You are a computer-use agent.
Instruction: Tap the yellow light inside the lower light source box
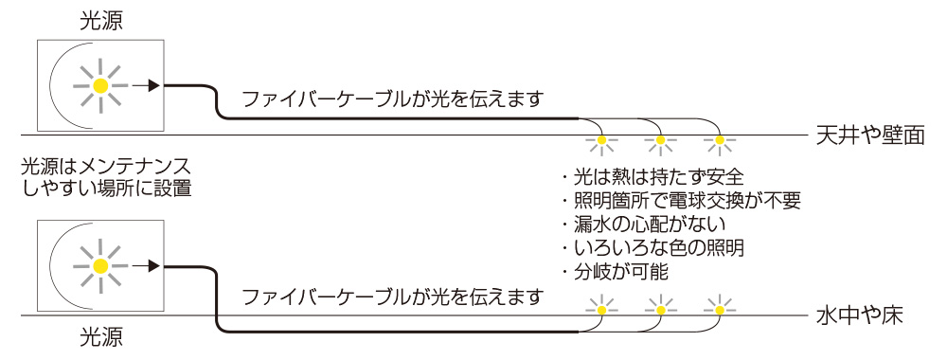101,267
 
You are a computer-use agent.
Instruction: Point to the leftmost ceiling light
600,143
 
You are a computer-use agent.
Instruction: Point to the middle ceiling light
660,143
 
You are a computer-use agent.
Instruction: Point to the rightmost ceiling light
720,143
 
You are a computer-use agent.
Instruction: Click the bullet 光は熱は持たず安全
652,177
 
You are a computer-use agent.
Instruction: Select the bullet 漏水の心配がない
643,225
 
